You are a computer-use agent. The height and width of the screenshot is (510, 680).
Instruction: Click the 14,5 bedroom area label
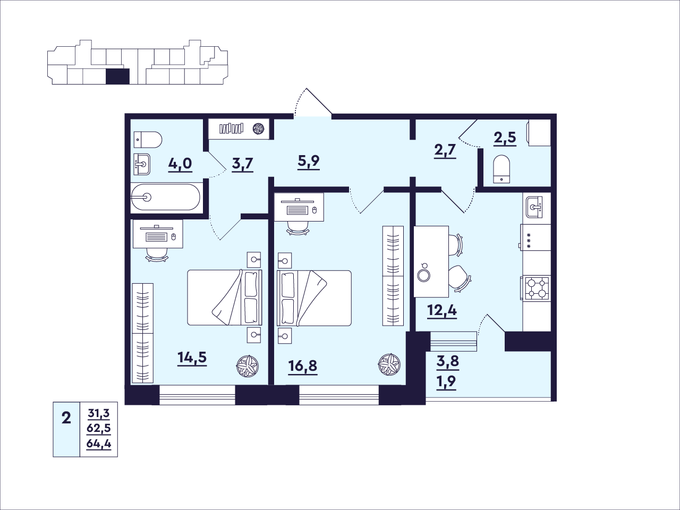[192, 358]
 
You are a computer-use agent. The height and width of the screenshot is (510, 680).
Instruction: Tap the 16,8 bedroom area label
[303, 367]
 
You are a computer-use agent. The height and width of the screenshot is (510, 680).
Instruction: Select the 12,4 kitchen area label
[442, 310]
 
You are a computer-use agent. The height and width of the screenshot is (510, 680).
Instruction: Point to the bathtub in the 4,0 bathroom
[166, 197]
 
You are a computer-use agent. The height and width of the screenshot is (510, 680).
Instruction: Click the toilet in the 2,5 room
[500, 169]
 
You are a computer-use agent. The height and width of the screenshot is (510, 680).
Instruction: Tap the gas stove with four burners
[535, 288]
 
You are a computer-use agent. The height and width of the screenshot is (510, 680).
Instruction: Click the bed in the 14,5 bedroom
[225, 297]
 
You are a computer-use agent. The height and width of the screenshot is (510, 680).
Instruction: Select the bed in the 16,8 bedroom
[314, 298]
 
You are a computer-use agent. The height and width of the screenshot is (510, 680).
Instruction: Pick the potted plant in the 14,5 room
[247, 367]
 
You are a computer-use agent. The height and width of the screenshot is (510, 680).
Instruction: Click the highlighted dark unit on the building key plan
[117, 76]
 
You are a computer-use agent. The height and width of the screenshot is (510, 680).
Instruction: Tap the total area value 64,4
[98, 444]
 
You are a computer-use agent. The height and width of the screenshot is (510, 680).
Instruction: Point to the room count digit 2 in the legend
[66, 419]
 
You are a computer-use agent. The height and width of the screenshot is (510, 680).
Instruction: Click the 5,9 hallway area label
[309, 161]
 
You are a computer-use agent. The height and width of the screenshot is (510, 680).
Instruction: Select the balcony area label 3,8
[448, 361]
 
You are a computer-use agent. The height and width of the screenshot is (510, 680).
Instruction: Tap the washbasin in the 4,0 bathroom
[142, 164]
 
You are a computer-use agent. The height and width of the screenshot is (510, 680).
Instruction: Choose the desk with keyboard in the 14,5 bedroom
[158, 234]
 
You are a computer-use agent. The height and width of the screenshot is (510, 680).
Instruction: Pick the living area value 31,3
[98, 413]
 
